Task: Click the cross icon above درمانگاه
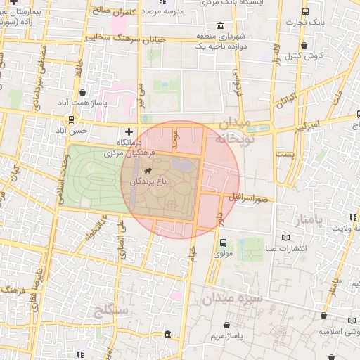128,131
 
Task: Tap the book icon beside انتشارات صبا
285,237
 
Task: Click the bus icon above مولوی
222,241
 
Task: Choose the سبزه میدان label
234,299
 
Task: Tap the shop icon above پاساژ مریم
227,326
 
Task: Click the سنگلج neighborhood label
109,309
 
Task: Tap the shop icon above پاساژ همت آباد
83,92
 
